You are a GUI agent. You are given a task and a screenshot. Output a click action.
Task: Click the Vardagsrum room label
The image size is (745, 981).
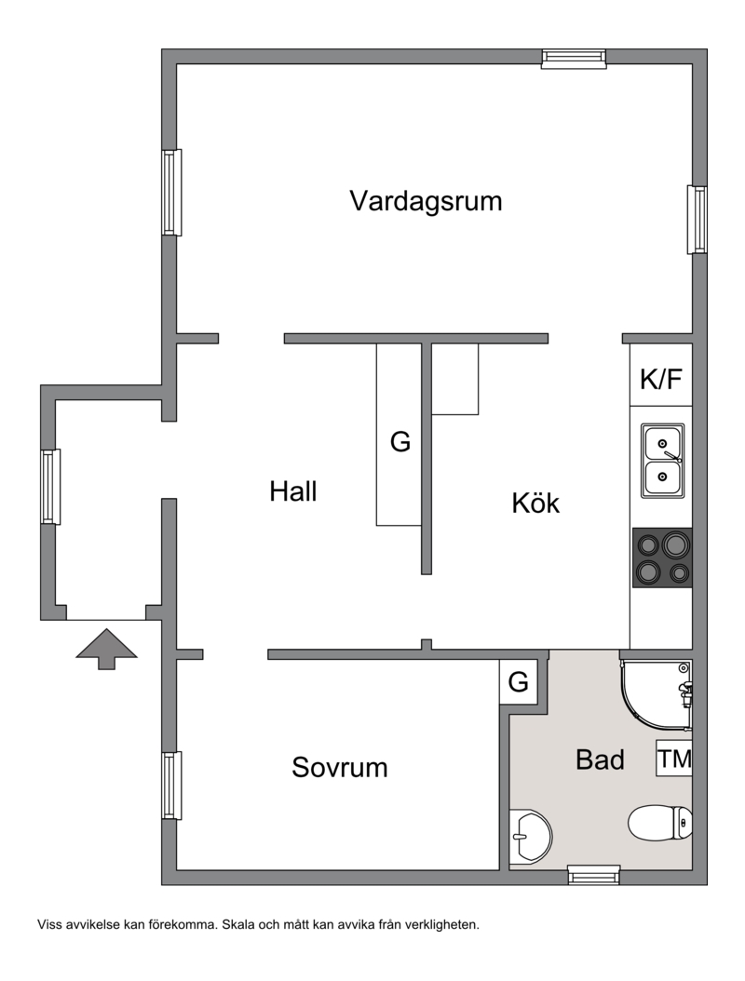click(x=426, y=202)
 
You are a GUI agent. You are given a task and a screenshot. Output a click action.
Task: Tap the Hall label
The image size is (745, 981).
click(x=293, y=491)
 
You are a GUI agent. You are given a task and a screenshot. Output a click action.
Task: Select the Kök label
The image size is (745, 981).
click(x=535, y=503)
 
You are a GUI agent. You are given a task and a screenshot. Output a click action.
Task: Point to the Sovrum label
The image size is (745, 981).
click(x=339, y=768)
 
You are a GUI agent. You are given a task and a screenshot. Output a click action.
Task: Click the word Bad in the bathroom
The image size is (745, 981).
click(x=600, y=760)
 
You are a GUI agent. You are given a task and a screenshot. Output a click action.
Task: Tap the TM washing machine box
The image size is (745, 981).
click(x=674, y=759)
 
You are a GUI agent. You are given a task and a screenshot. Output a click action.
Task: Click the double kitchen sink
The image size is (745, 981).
click(x=662, y=461)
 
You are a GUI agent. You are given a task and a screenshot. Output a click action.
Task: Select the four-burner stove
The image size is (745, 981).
click(x=662, y=558)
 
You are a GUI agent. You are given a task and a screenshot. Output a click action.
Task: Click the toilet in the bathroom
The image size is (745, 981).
click(x=660, y=823)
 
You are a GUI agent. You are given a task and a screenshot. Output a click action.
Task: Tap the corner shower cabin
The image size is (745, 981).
click(x=657, y=695)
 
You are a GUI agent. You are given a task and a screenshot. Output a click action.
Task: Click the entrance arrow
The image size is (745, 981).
click(x=106, y=649)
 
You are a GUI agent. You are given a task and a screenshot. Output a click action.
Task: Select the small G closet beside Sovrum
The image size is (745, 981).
click(x=519, y=682)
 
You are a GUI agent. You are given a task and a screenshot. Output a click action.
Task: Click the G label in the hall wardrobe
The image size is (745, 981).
click(x=400, y=442)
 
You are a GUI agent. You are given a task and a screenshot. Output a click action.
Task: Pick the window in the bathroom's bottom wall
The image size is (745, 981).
click(x=594, y=875)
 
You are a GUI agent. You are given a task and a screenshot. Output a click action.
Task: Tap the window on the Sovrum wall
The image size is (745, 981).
click(x=171, y=786)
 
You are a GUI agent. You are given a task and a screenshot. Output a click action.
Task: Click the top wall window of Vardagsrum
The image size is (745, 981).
click(x=574, y=59)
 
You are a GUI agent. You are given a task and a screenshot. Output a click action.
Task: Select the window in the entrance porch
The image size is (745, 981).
click(x=50, y=486)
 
